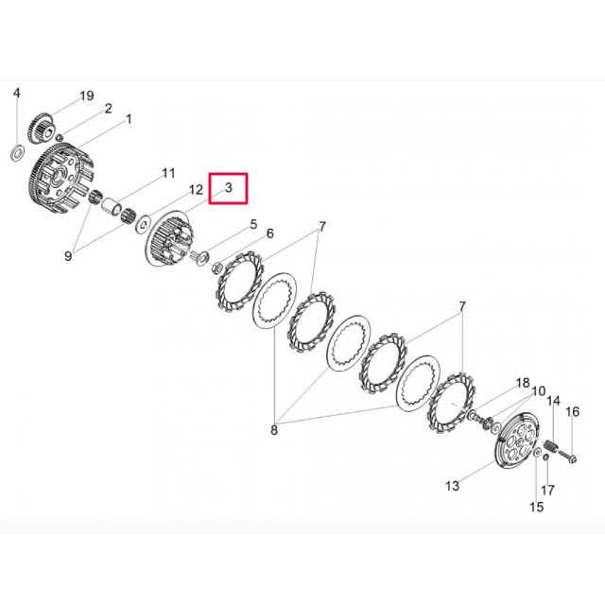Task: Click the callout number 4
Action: pos(17,93)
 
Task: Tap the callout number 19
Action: pos(87,95)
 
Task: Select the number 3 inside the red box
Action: pos(229,187)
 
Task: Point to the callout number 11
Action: pos(168,173)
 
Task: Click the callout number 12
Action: pos(196,189)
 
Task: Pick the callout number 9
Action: pos(68,255)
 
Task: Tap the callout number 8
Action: pos(274,430)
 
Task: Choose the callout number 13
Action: pos(452,485)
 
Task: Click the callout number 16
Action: pos(573,412)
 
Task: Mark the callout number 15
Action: pos(537,507)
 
